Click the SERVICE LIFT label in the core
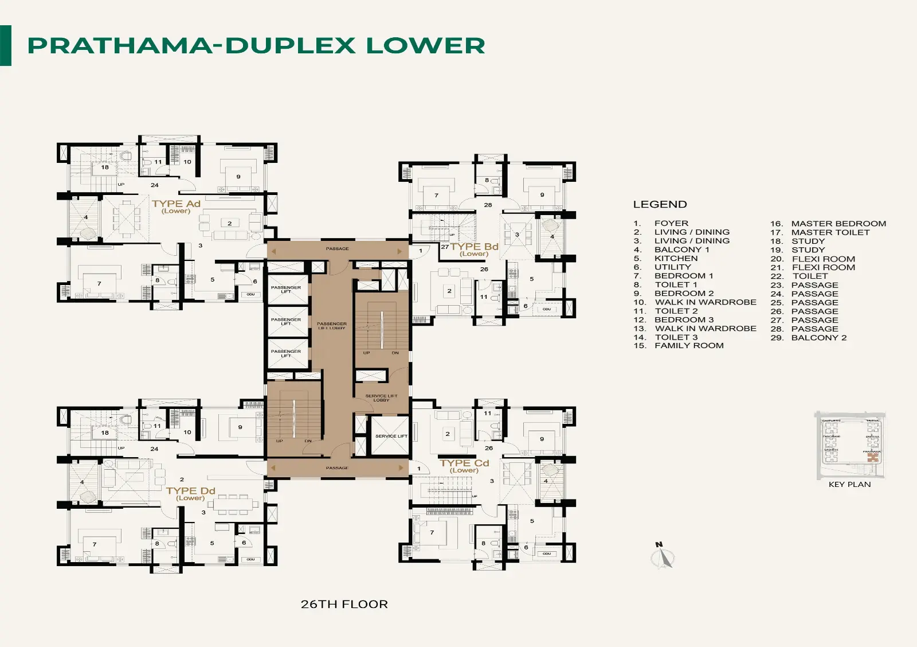tap(391, 436)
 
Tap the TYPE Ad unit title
tap(176, 204)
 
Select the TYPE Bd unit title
tap(474, 247)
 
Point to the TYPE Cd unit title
tap(464, 463)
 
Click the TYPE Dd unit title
tap(190, 491)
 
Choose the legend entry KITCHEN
tap(676, 258)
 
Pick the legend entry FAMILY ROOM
tap(689, 346)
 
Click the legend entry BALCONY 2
tap(818, 338)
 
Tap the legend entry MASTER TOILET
tap(830, 232)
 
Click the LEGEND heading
tap(660, 205)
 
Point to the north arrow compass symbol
tap(663, 556)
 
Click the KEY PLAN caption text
tap(849, 485)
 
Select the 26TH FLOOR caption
tap(344, 604)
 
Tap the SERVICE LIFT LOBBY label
tap(381, 397)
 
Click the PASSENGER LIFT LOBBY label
tap(332, 325)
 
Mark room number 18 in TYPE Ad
tap(105, 167)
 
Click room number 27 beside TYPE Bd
tap(445, 247)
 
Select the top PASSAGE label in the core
tap(337, 249)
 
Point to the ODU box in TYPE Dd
tap(250, 559)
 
